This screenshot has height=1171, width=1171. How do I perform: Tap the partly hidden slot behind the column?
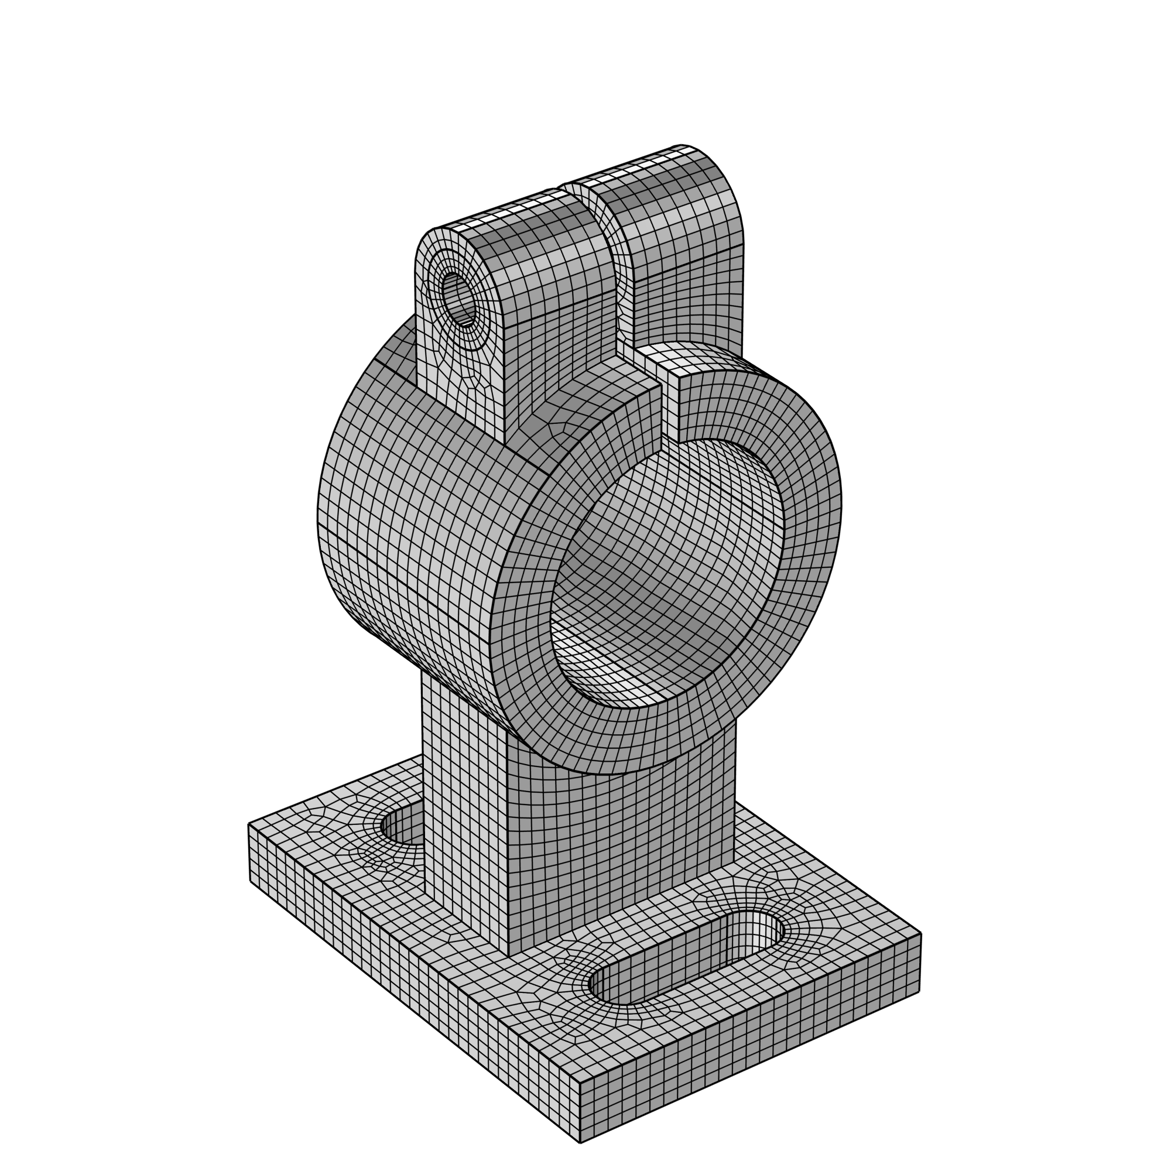tap(403, 825)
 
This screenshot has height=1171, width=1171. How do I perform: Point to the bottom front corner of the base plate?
tap(580, 1142)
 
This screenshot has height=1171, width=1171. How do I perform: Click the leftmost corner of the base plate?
tap(249, 824)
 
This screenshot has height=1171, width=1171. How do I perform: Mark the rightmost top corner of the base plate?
tap(920, 933)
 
